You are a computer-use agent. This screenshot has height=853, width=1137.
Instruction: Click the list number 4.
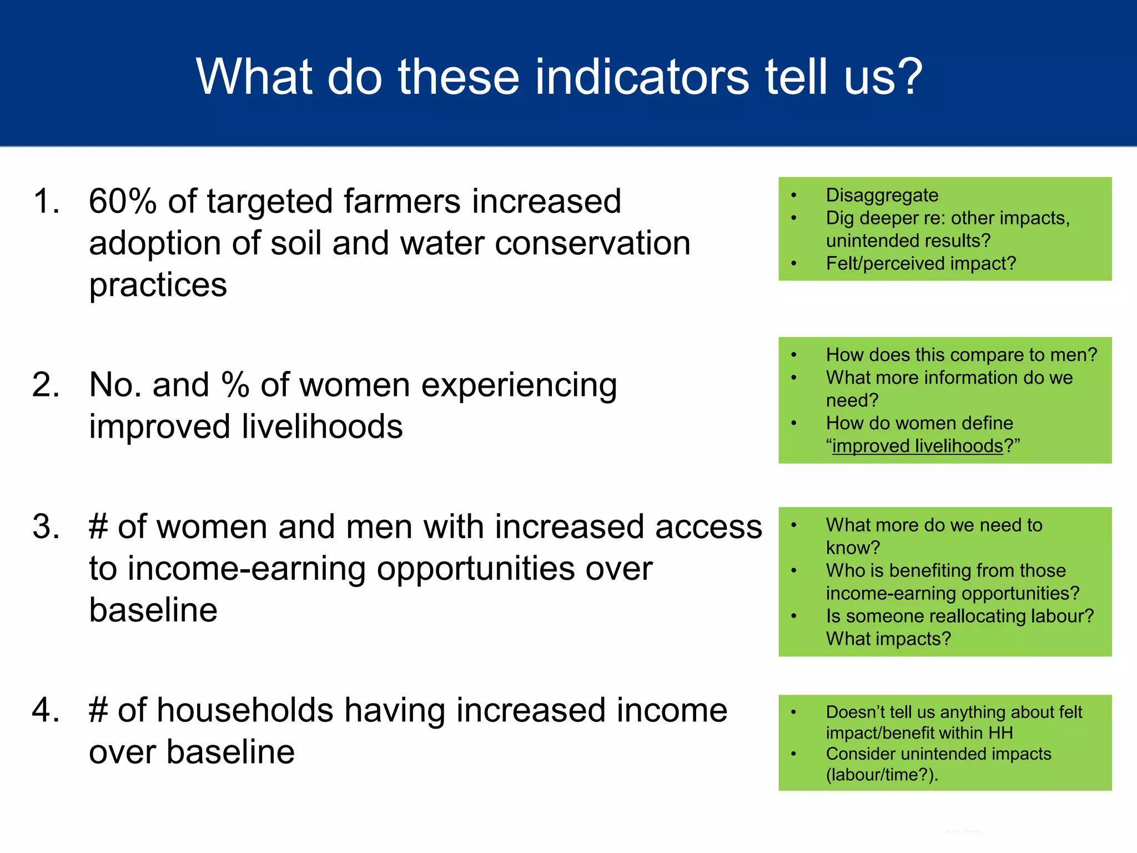pyautogui.click(x=46, y=710)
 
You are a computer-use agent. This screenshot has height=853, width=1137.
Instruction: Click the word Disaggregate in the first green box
pyautogui.click(x=882, y=195)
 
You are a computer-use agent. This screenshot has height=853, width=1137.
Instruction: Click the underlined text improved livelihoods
pyautogui.click(x=917, y=446)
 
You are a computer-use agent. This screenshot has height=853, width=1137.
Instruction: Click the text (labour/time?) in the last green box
pyautogui.click(x=879, y=775)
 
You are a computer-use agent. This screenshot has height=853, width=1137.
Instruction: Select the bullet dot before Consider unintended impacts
pyautogui.click(x=794, y=754)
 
